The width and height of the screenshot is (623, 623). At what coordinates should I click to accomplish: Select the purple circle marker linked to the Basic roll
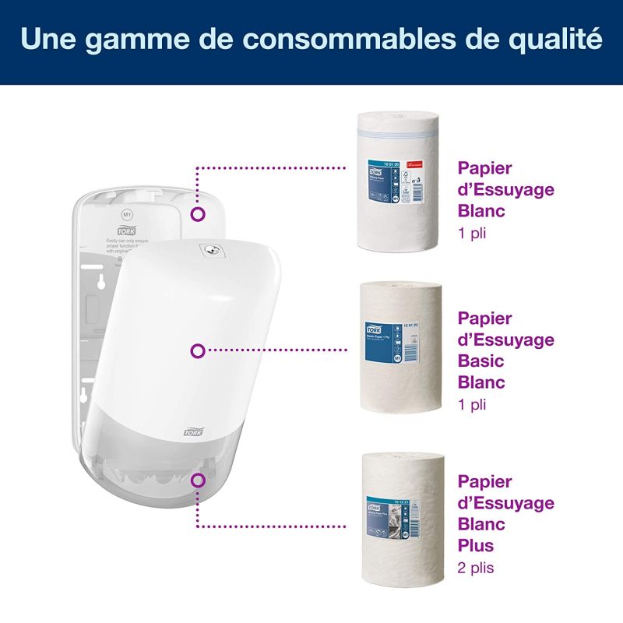[x=198, y=351]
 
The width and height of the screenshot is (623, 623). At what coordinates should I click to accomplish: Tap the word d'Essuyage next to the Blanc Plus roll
[x=505, y=502]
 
